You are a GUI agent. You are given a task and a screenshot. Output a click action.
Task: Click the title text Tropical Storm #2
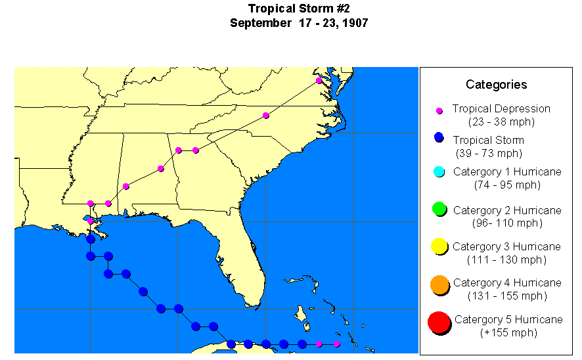click(299, 9)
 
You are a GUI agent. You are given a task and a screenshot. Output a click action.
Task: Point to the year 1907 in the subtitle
click(353, 23)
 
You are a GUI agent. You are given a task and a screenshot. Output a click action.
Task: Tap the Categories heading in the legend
click(496, 84)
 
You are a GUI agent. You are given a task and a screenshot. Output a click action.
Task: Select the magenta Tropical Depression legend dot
click(439, 110)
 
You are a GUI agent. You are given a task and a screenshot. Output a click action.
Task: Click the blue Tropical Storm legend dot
click(439, 138)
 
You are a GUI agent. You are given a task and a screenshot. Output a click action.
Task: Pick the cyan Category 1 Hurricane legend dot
click(439, 172)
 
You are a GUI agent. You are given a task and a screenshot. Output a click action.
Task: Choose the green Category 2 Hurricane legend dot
click(439, 210)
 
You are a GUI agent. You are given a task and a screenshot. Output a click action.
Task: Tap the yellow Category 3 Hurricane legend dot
click(439, 247)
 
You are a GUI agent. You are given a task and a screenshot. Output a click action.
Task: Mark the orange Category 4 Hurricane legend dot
click(439, 284)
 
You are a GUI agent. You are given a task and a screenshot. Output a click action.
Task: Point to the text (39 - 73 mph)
click(489, 153)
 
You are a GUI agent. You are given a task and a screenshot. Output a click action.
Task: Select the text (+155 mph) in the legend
click(508, 332)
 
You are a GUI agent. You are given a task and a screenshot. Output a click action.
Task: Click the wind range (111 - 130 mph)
click(506, 259)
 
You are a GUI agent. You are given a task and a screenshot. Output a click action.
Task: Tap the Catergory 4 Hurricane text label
click(507, 282)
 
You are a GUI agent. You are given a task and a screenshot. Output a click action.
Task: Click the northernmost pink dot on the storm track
click(319, 80)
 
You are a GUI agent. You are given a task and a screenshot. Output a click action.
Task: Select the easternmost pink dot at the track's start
click(336, 344)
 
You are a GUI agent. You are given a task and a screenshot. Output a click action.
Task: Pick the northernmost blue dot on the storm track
click(91, 238)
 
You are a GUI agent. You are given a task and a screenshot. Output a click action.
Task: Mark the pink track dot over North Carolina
click(265, 116)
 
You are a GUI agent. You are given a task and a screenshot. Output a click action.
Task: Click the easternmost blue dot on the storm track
click(302, 344)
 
